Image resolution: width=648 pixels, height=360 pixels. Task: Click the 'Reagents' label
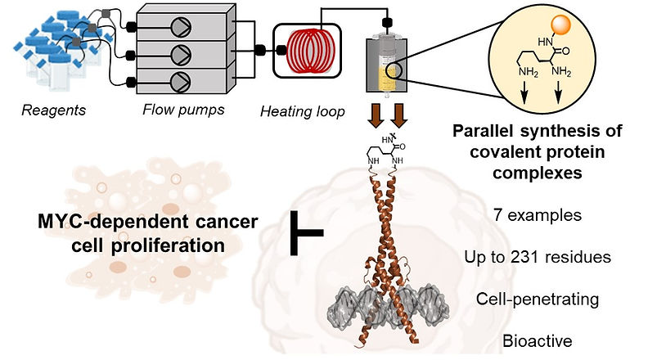coord(54,110)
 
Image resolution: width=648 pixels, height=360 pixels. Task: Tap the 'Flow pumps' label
coord(183,110)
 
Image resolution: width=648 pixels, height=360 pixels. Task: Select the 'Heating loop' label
coord(303,111)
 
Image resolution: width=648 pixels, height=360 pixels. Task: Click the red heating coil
coord(310,52)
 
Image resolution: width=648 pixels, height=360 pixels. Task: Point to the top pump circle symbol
coord(181,28)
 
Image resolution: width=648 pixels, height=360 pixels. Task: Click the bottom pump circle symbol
coord(181,82)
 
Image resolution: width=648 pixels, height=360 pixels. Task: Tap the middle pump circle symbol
coord(181,55)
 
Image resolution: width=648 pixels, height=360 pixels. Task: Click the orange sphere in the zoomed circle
coord(560,25)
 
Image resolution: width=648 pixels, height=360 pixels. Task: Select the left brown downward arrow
coord(376,115)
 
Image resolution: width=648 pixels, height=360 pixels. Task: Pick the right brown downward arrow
coord(399,115)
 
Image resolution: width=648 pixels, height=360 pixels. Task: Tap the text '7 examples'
coord(538,215)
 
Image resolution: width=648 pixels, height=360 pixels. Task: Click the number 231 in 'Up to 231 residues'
coord(525,257)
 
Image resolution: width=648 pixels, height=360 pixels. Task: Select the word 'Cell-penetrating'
coord(538,299)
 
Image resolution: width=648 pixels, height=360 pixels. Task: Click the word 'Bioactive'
coord(538,341)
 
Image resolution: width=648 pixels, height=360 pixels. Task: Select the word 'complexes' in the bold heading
coord(538,173)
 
